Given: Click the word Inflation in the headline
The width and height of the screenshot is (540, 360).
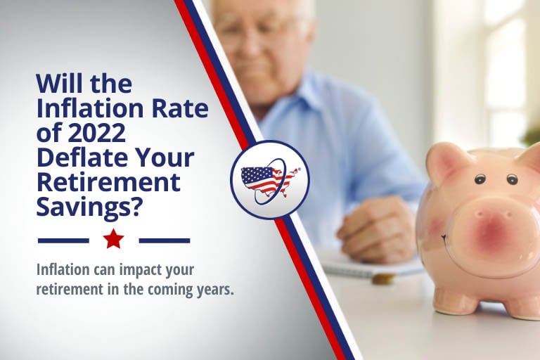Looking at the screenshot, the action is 89,108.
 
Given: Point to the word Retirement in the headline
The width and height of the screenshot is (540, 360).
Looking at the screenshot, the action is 108,182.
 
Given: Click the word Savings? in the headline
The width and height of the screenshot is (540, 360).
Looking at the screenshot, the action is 89,207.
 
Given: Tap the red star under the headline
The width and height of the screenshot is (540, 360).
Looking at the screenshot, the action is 114,239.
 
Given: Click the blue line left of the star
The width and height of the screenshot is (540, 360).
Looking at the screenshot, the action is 63,240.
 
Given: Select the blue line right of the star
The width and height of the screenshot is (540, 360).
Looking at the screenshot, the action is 165,240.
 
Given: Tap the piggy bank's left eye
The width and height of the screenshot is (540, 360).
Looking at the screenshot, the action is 480,179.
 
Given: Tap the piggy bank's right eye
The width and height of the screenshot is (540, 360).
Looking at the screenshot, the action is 512,179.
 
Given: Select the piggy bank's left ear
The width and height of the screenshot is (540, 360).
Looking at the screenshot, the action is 445,160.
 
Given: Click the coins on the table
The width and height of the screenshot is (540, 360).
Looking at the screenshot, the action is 382,278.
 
